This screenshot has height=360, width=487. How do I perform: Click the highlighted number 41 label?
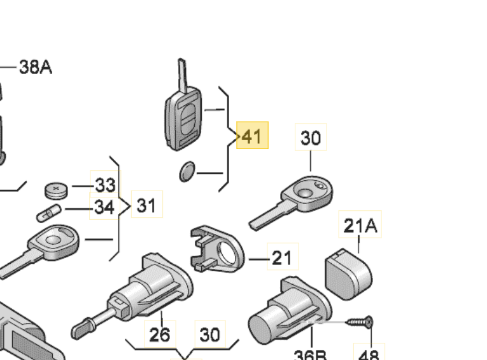click(x=252, y=136)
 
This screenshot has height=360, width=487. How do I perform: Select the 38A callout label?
click(x=36, y=67)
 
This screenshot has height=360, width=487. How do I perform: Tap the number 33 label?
click(x=105, y=185)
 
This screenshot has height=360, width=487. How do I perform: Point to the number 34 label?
click(x=105, y=207)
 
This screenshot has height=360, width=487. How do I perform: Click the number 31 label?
click(x=146, y=205)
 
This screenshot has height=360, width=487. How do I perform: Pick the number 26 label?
click(x=159, y=334)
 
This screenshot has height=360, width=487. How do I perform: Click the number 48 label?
click(x=369, y=354)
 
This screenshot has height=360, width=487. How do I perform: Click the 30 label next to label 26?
click(x=210, y=334)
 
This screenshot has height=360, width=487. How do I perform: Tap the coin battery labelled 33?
click(x=56, y=189)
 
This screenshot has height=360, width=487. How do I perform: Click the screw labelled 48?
click(x=360, y=322)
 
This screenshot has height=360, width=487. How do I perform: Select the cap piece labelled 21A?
click(x=348, y=272)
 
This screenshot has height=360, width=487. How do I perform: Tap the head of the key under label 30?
click(x=308, y=191)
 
